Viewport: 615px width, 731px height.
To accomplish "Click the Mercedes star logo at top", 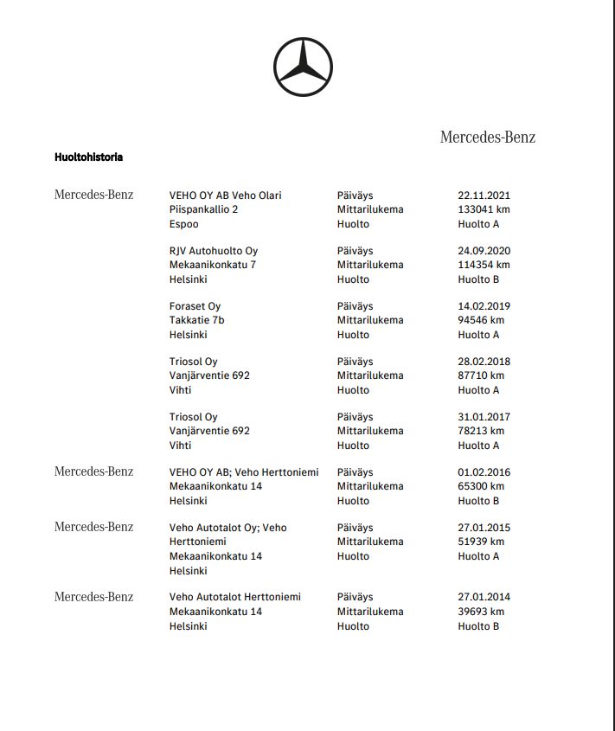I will tap(303, 67).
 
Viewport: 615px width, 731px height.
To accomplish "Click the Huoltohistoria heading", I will tap(88, 157).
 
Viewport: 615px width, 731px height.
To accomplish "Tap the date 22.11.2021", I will tap(484, 196).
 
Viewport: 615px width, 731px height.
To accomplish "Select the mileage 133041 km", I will tap(484, 209).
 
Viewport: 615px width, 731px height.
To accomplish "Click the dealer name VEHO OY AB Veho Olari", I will tap(225, 196).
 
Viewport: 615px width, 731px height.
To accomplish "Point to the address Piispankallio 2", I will tap(203, 209).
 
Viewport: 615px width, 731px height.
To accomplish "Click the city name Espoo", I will tap(183, 224).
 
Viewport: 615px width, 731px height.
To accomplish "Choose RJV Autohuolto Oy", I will tap(214, 251).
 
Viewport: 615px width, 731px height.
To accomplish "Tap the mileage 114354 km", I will tap(484, 265).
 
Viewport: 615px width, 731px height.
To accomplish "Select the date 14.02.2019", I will tap(484, 306).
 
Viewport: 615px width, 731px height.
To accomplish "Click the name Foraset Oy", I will tap(195, 306).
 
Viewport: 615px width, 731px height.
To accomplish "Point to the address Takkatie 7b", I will tap(196, 320).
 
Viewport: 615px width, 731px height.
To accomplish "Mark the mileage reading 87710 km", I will tap(481, 375).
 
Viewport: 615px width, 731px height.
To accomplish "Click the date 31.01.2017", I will tap(484, 417).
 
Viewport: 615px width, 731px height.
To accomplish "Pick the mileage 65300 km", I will tap(481, 486).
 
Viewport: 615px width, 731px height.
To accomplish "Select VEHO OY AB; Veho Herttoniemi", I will tap(244, 472).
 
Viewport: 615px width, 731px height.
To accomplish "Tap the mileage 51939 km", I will tap(481, 542).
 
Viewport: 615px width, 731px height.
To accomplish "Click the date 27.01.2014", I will tap(484, 597).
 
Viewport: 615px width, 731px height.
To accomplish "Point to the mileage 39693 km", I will tap(481, 612).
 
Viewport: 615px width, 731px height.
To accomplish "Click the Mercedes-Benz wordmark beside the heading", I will tap(487, 137).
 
